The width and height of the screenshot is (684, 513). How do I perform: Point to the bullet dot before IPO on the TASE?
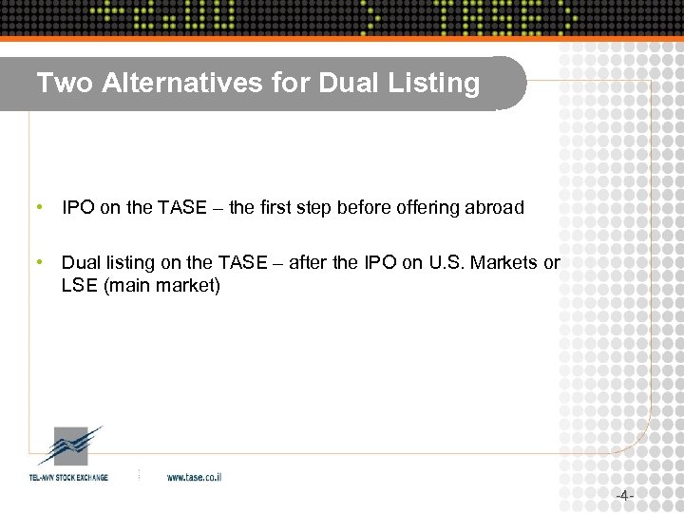click(37, 206)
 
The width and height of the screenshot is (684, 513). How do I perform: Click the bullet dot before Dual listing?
click(37, 261)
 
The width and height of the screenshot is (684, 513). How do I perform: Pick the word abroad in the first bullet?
click(494, 207)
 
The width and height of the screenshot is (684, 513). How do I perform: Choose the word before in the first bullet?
click(366, 207)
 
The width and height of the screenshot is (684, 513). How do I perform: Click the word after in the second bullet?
click(307, 262)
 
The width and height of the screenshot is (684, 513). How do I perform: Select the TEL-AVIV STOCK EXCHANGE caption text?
click(68, 477)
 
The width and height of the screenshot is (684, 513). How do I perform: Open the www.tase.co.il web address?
click(194, 477)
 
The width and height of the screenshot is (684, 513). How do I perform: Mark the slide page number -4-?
click(623, 496)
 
